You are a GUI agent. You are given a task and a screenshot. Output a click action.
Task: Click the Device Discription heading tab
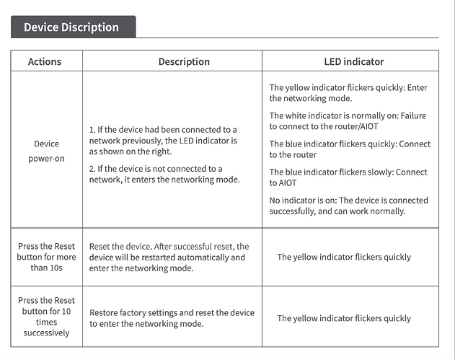click(x=71, y=27)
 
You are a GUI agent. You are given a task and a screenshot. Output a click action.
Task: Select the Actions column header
click(x=45, y=61)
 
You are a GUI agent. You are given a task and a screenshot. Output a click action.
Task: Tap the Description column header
click(x=184, y=61)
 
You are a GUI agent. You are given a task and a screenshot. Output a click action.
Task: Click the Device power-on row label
click(x=46, y=151)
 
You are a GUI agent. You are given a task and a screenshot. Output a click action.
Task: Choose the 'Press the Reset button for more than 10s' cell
click(x=46, y=257)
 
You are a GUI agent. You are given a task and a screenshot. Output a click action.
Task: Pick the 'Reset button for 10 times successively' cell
click(x=46, y=317)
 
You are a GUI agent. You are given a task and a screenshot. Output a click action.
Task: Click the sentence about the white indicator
click(x=348, y=121)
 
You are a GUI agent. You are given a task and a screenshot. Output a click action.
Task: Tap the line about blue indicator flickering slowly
click(x=348, y=177)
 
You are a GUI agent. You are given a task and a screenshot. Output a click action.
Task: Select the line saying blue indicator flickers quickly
click(x=349, y=149)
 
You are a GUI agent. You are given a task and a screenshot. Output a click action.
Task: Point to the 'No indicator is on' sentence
click(x=348, y=206)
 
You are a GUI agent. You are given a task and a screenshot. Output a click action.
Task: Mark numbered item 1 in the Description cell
click(x=163, y=141)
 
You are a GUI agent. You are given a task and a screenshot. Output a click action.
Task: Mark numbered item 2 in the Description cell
click(x=164, y=174)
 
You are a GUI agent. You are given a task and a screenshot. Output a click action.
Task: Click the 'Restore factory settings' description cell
click(x=172, y=318)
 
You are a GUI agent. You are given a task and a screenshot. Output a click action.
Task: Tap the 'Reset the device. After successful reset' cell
click(x=169, y=257)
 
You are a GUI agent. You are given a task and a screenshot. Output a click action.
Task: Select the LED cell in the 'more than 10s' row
click(x=344, y=257)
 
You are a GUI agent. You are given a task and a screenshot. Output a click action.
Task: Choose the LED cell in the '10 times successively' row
click(x=344, y=318)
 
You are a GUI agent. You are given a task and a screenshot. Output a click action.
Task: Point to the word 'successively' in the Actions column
click(x=46, y=333)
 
